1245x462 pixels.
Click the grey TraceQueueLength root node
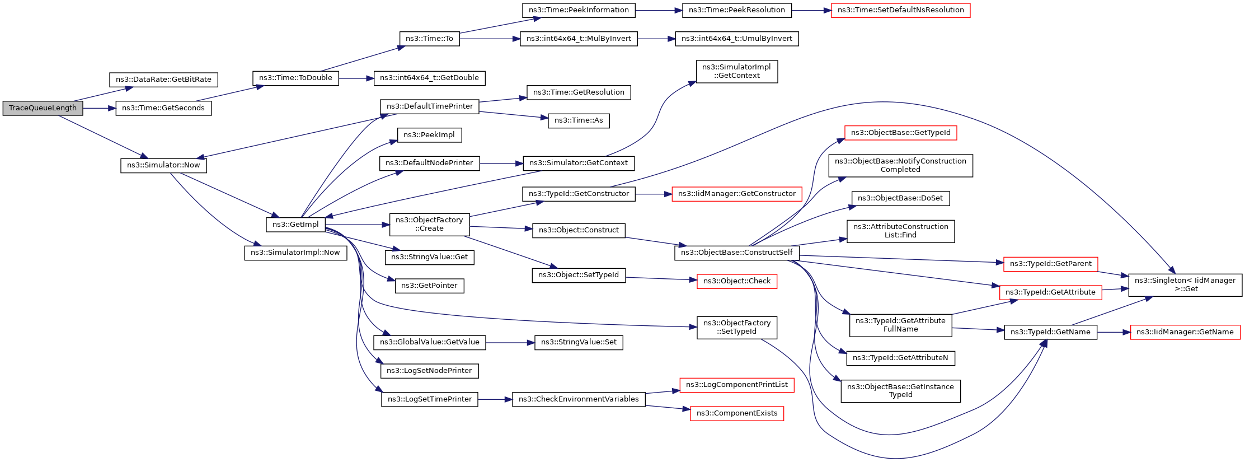[x=43, y=108]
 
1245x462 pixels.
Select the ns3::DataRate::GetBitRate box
[x=163, y=80]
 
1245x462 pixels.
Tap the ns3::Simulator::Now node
[x=163, y=165]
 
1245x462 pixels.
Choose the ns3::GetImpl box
[x=295, y=225]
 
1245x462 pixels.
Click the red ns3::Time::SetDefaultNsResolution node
[x=900, y=10]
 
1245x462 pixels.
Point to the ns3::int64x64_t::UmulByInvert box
[x=737, y=39]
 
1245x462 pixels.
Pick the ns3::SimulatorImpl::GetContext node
[x=737, y=71]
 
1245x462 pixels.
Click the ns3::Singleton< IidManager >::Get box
[x=1185, y=284]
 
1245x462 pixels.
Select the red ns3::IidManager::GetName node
[x=1185, y=332]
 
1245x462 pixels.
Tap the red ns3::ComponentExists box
[x=737, y=413]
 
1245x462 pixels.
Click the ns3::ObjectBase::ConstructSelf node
[x=737, y=253]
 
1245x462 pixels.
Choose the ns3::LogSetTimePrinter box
[x=430, y=399]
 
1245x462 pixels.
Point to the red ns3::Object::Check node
[x=737, y=281]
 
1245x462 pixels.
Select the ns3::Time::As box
[x=579, y=120]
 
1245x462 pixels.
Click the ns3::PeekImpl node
[x=430, y=135]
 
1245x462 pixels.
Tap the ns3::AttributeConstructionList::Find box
[x=900, y=231]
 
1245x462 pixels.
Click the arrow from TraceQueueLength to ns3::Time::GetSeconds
[x=99, y=108]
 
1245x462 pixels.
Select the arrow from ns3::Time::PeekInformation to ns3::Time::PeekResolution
[x=659, y=10]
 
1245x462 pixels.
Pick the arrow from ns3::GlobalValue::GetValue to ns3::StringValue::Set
[x=510, y=342]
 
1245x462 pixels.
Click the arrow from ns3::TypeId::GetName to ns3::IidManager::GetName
[x=1114, y=332]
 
